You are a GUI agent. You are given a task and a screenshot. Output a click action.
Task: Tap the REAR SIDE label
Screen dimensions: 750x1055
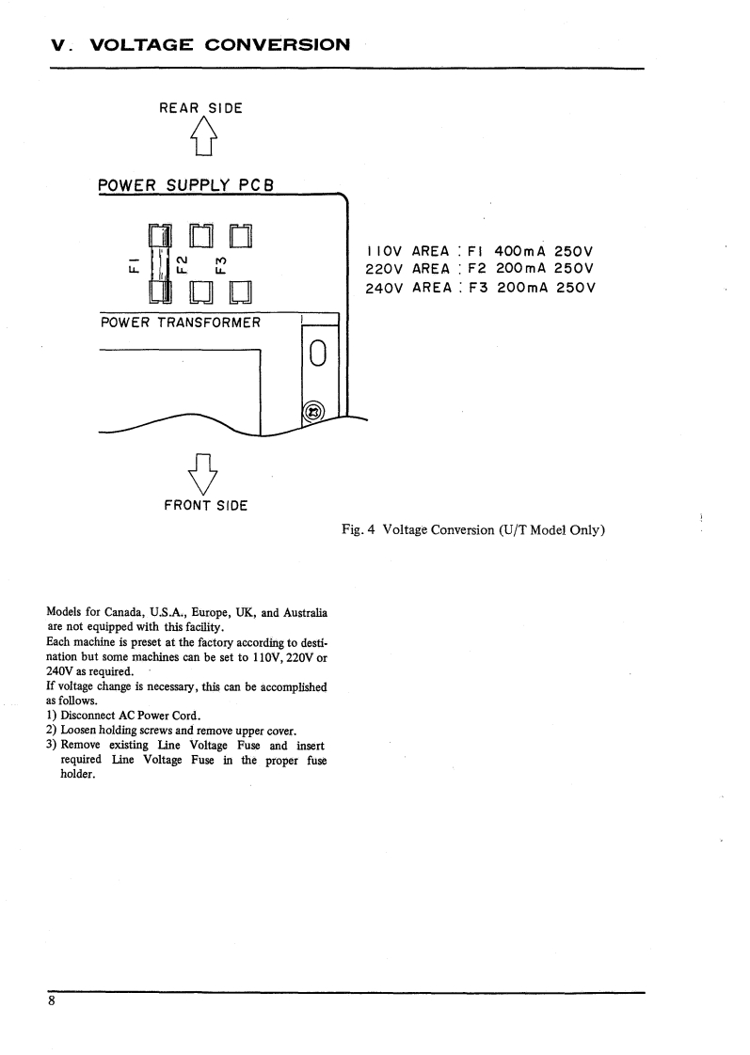tap(200, 108)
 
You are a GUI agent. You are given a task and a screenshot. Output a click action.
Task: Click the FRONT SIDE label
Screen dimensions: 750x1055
tap(205, 505)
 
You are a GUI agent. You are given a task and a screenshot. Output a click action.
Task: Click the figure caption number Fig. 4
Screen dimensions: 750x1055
tap(359, 529)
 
